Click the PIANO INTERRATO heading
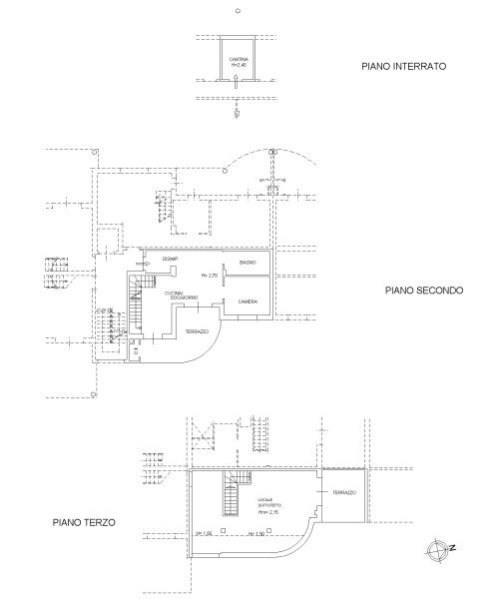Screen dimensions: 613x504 click(403, 66)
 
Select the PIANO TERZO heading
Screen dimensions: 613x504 click(84, 522)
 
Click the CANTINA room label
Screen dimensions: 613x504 click(238, 60)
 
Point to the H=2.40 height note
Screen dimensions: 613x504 click(238, 66)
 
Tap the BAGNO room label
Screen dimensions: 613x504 click(249, 263)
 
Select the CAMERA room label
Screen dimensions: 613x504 click(249, 301)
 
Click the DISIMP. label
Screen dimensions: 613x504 click(170, 260)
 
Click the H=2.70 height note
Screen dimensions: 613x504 click(209, 275)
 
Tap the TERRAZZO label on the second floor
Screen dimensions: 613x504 click(197, 331)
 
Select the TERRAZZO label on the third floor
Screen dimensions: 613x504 click(344, 493)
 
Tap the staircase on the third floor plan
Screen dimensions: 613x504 click(234, 491)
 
